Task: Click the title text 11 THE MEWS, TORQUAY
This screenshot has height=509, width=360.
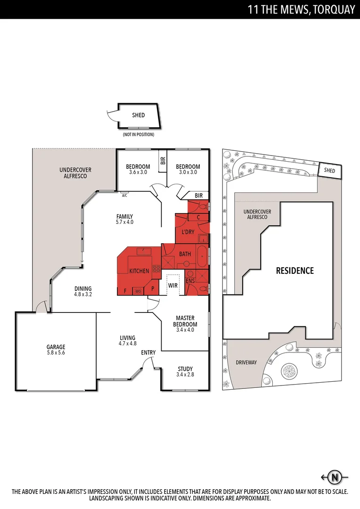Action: click(x=301, y=9)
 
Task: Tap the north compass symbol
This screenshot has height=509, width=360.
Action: click(x=335, y=477)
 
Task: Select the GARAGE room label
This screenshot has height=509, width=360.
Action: click(x=56, y=346)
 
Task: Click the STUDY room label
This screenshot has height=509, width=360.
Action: click(x=185, y=369)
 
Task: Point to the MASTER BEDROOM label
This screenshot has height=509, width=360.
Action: click(x=185, y=321)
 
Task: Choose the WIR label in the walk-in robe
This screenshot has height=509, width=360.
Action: click(x=172, y=285)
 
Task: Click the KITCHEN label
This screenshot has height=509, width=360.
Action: click(x=139, y=271)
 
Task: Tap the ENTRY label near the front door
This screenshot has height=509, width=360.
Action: click(x=148, y=353)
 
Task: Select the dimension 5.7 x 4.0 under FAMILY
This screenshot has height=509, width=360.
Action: click(x=125, y=222)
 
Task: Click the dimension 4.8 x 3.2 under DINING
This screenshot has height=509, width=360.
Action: click(x=82, y=294)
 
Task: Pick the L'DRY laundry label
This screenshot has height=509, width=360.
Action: click(x=188, y=232)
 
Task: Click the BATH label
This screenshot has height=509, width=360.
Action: click(x=185, y=254)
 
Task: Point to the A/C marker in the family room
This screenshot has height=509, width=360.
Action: click(x=125, y=194)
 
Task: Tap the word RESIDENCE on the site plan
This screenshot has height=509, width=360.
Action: click(x=295, y=271)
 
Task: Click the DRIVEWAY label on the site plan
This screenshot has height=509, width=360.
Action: click(x=246, y=362)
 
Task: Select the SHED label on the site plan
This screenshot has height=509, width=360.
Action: click(x=329, y=171)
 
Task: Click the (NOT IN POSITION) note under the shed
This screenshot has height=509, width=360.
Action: click(x=139, y=135)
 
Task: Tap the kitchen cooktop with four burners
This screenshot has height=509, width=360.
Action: click(x=156, y=269)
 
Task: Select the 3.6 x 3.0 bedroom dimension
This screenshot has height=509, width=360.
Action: click(x=138, y=172)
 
